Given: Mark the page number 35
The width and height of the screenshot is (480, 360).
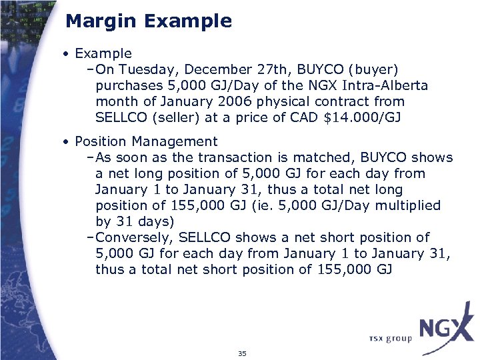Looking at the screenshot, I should pos(241,353).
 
